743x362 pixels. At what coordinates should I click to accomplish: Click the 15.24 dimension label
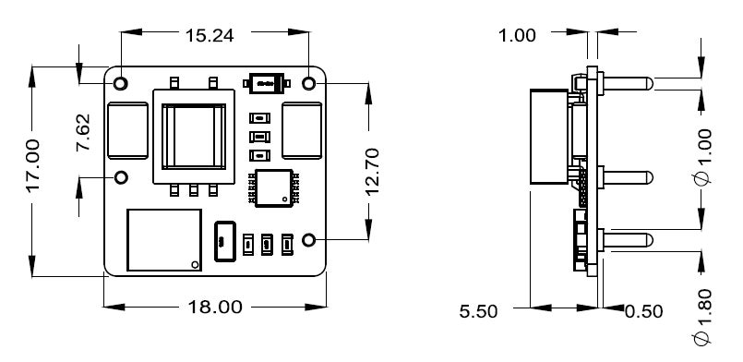point(209,36)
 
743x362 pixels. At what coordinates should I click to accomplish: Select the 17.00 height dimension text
point(32,165)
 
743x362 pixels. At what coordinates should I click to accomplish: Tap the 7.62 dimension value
point(83,132)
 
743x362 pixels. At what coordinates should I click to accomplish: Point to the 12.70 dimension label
point(373,171)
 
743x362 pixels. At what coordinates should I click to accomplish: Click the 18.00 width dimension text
point(215,307)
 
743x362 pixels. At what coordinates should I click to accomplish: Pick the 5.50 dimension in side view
point(478,312)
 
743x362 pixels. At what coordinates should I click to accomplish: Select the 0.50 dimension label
point(643,312)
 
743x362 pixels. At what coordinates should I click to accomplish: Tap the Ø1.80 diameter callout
point(701,317)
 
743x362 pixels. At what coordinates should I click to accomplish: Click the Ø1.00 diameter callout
point(701,157)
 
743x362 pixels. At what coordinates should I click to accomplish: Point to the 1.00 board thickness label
point(518,35)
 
